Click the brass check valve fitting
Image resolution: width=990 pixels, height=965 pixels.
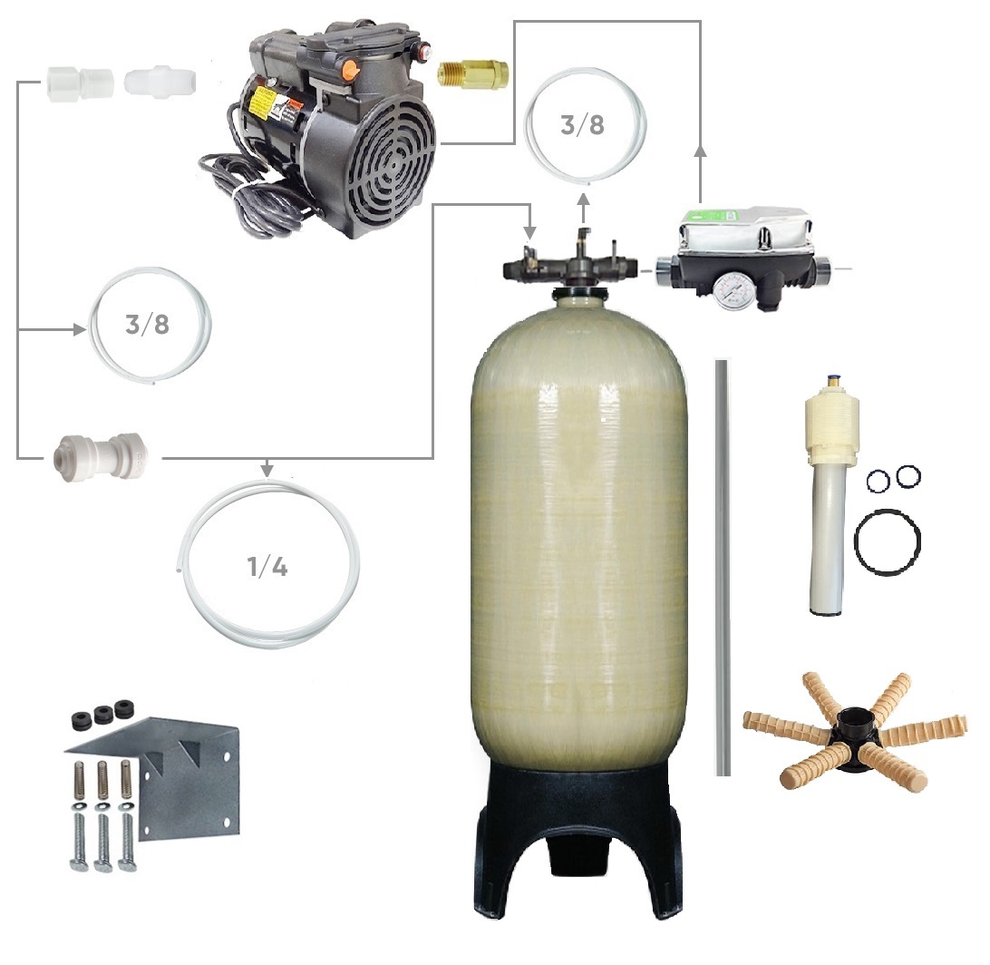click(473, 73)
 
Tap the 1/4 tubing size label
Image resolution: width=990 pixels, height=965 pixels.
click(267, 567)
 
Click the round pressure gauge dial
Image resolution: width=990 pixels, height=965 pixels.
click(730, 290)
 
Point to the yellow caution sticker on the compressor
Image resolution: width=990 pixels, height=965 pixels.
click(260, 104)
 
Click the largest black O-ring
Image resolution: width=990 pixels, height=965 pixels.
click(887, 541)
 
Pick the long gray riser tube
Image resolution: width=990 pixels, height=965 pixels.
click(723, 567)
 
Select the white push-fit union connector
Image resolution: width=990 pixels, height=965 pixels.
click(102, 458)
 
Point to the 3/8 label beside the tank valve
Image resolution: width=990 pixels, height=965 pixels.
click(582, 125)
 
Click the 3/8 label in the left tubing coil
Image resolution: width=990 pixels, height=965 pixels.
click(147, 325)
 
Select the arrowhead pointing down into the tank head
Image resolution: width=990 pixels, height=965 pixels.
click(529, 231)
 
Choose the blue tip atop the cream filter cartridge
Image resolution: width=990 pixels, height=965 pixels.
click(833, 379)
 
